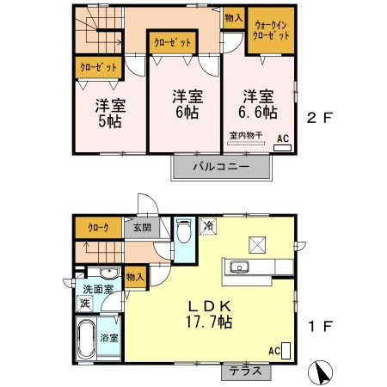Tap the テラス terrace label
[246, 372]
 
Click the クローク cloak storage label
[97, 228]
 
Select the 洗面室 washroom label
[98, 289]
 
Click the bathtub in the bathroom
[87, 341]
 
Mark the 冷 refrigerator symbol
[208, 224]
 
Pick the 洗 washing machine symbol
[84, 303]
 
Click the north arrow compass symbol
[322, 373]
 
